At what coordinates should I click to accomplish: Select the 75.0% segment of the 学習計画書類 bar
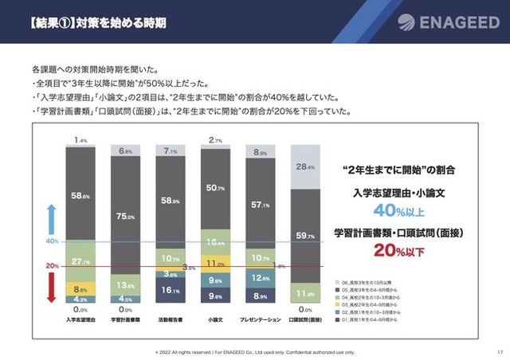click(125, 216)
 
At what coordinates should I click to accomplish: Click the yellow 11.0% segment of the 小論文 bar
click(216, 264)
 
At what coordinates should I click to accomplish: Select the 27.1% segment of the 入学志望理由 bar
click(80, 261)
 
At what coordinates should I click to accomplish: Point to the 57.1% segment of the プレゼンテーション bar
click(261, 205)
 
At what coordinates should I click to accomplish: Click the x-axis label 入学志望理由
click(80, 319)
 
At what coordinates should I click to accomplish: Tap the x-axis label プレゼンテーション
click(261, 319)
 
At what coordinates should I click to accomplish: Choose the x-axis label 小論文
click(216, 319)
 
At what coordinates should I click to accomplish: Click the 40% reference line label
click(51, 241)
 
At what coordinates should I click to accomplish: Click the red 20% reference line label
click(51, 266)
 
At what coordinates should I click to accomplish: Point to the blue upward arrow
click(50, 217)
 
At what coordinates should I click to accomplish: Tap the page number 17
click(497, 351)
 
